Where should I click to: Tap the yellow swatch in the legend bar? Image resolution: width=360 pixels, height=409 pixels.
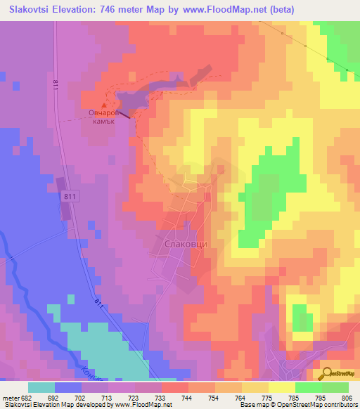click(x=281, y=387)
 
